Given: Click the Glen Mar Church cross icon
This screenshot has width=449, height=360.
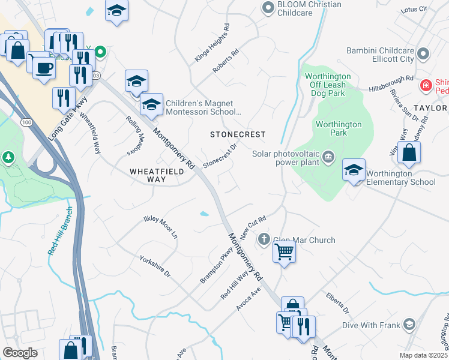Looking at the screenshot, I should pyautogui.click(x=264, y=240).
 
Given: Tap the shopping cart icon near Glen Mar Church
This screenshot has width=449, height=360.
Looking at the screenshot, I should pyautogui.click(x=284, y=251).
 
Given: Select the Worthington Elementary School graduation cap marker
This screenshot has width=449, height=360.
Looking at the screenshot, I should pyautogui.click(x=354, y=169).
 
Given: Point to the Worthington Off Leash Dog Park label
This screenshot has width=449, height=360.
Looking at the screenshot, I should pyautogui.click(x=328, y=85).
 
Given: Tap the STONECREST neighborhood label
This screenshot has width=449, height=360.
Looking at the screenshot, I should pyautogui.click(x=237, y=134).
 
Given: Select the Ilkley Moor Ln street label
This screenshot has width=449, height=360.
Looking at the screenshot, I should pyautogui.click(x=161, y=227).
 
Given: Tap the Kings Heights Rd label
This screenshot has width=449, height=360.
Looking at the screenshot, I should pyautogui.click(x=212, y=43).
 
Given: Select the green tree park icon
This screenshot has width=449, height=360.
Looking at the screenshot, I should pyautogui.click(x=8, y=158).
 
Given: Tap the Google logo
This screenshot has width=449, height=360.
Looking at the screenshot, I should pyautogui.click(x=20, y=353).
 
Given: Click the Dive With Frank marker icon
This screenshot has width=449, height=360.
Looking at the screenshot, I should pyautogui.click(x=409, y=325).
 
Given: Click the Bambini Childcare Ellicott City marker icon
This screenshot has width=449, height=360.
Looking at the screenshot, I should pyautogui.click(x=424, y=54).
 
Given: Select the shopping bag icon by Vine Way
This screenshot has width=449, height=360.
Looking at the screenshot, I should pyautogui.click(x=409, y=153).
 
